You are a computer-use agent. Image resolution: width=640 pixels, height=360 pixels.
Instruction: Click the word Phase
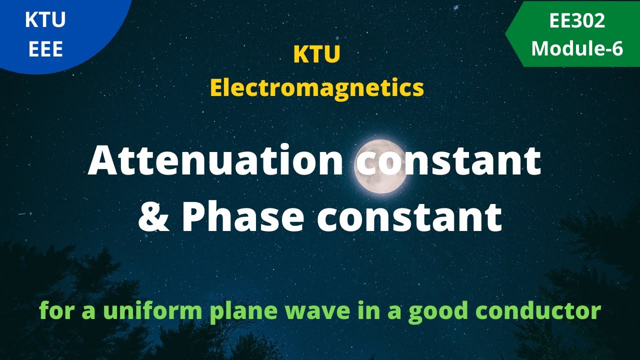coord(243,217)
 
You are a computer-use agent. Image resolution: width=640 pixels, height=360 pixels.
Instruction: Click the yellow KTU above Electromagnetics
coord(316,55)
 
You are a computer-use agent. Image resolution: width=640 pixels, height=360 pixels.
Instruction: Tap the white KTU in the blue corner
coord(45,20)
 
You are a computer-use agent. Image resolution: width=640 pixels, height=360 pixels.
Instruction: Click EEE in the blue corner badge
coord(45,49)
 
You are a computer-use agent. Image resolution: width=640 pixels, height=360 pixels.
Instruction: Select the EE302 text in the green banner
coord(576,20)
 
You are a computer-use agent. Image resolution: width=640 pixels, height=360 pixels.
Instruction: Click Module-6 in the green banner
coord(576,49)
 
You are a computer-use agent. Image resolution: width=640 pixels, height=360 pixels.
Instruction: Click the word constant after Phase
coord(408,217)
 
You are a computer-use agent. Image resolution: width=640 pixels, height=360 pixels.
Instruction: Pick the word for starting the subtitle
coord(53,311)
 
